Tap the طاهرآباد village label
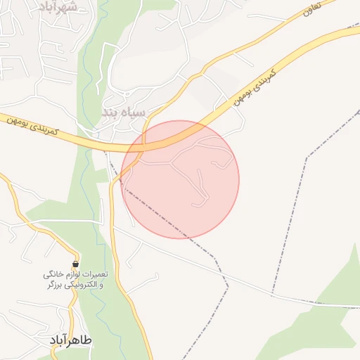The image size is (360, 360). [x=72, y=340]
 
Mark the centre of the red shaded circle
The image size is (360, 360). [x=181, y=179]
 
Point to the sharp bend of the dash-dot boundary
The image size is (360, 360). [x=229, y=285]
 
